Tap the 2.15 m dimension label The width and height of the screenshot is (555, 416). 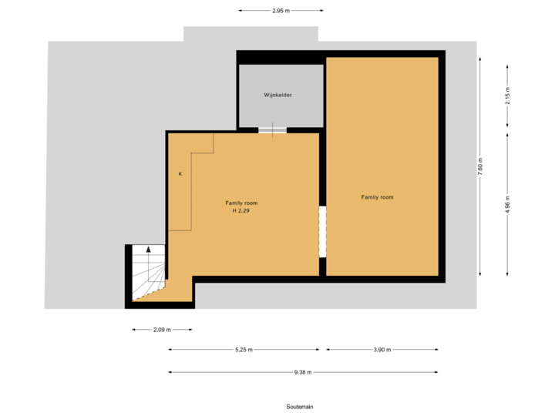(x=507, y=95)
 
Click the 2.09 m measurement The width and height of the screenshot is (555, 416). (x=162, y=330)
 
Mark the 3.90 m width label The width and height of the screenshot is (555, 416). (x=382, y=350)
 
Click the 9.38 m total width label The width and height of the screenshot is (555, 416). (x=302, y=372)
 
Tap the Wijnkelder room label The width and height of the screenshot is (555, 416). (x=277, y=95)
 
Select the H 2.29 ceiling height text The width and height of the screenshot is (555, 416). (x=240, y=210)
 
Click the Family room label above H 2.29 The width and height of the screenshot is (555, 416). (x=241, y=203)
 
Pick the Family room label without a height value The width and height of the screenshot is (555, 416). (x=377, y=197)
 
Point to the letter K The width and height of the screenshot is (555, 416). (x=180, y=174)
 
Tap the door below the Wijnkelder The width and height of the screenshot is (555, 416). (x=272, y=129)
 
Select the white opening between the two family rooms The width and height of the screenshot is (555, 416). (x=322, y=231)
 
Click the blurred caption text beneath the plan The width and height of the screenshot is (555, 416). (x=299, y=406)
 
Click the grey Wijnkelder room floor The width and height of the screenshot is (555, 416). (x=281, y=112)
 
